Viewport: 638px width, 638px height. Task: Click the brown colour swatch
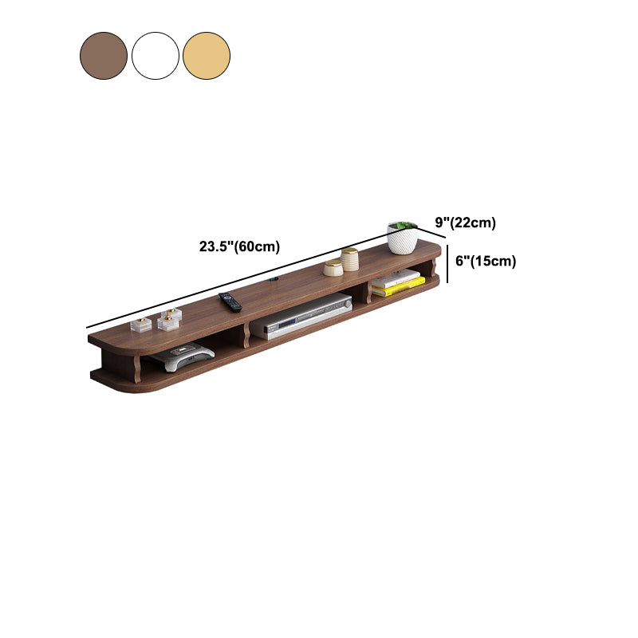[104, 56]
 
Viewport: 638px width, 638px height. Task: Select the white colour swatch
[156, 56]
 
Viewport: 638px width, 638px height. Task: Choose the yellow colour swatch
[207, 56]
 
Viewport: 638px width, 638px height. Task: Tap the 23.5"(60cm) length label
[239, 246]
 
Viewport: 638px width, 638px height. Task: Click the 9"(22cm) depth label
[466, 223]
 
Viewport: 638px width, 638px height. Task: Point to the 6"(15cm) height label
[485, 261]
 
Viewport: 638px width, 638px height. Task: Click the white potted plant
[402, 239]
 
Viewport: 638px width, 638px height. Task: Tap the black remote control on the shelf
[230, 301]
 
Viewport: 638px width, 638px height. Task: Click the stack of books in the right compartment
[397, 282]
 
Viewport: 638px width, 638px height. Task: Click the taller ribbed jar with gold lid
[349, 259]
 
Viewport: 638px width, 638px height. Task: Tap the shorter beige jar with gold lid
[333, 267]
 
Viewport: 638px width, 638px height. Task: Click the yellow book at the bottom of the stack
[398, 289]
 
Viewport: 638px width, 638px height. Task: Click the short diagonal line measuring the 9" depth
[431, 231]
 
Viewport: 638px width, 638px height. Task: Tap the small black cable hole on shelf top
[273, 281]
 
